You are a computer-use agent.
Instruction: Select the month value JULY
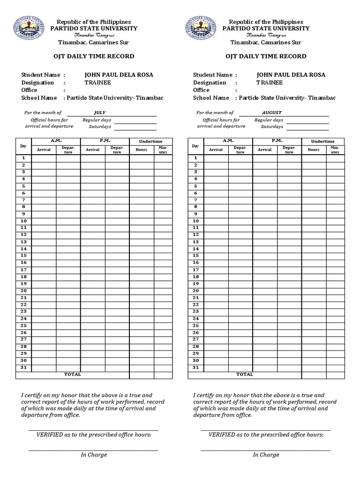click(x=100, y=112)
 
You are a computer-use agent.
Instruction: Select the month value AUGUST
click(x=272, y=112)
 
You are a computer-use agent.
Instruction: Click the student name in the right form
click(x=291, y=75)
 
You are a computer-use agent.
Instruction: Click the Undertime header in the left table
click(x=150, y=142)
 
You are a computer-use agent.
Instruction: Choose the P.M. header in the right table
click(x=277, y=141)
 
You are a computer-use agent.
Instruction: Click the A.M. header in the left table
click(x=56, y=141)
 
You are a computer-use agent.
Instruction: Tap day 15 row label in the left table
click(x=23, y=255)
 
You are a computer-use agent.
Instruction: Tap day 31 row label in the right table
click(x=195, y=367)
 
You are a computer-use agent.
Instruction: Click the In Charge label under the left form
click(x=94, y=455)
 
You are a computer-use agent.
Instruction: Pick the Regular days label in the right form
click(x=269, y=120)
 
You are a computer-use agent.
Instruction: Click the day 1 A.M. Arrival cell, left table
click(x=44, y=158)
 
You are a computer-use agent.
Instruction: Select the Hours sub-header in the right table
click(x=314, y=150)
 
